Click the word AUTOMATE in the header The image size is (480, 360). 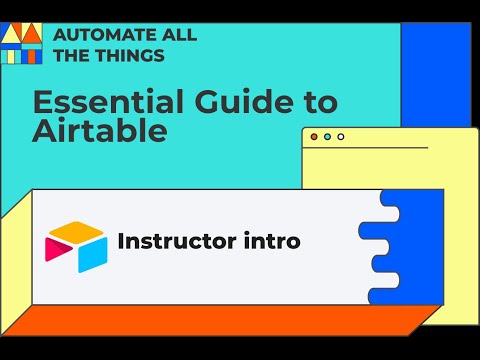click(101, 35)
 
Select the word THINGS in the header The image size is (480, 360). click(126, 55)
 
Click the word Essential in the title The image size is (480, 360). click(95, 102)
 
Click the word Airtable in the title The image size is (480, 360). click(100, 131)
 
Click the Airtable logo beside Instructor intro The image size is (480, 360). click(76, 246)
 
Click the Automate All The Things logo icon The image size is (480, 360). click(21, 42)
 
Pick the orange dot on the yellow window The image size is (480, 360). click(314, 136)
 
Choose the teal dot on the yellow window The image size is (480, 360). click(327, 136)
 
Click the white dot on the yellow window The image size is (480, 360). click(340, 136)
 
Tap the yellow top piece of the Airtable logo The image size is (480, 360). click(76, 232)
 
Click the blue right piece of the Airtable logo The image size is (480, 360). click(93, 253)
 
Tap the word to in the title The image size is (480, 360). click(321, 102)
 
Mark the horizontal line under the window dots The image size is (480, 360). click(366, 148)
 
